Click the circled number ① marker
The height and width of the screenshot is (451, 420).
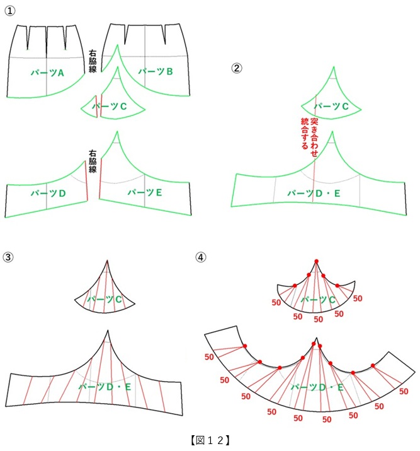10,11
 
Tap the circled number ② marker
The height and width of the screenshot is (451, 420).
237,68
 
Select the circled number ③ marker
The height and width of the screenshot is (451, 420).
8,257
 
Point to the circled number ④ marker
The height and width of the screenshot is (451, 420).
201,257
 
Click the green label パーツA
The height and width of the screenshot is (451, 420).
47,73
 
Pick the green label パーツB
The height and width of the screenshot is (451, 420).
156,71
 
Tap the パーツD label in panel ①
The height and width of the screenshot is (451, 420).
48,193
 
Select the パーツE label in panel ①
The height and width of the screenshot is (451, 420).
145,192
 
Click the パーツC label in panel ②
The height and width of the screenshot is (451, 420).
331,107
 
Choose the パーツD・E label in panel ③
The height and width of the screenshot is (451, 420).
105,387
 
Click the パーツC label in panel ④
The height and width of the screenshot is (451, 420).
318,300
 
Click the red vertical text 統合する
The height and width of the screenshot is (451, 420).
305,133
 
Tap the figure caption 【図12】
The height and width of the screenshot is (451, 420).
210,440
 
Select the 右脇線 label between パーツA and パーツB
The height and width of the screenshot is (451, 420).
93,61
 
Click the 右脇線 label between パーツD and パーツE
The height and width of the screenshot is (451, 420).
93,161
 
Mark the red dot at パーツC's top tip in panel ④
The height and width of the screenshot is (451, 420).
316,261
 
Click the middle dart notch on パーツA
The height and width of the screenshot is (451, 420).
47,40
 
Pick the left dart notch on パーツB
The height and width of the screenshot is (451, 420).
127,34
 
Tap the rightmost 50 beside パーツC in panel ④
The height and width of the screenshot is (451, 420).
358,298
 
